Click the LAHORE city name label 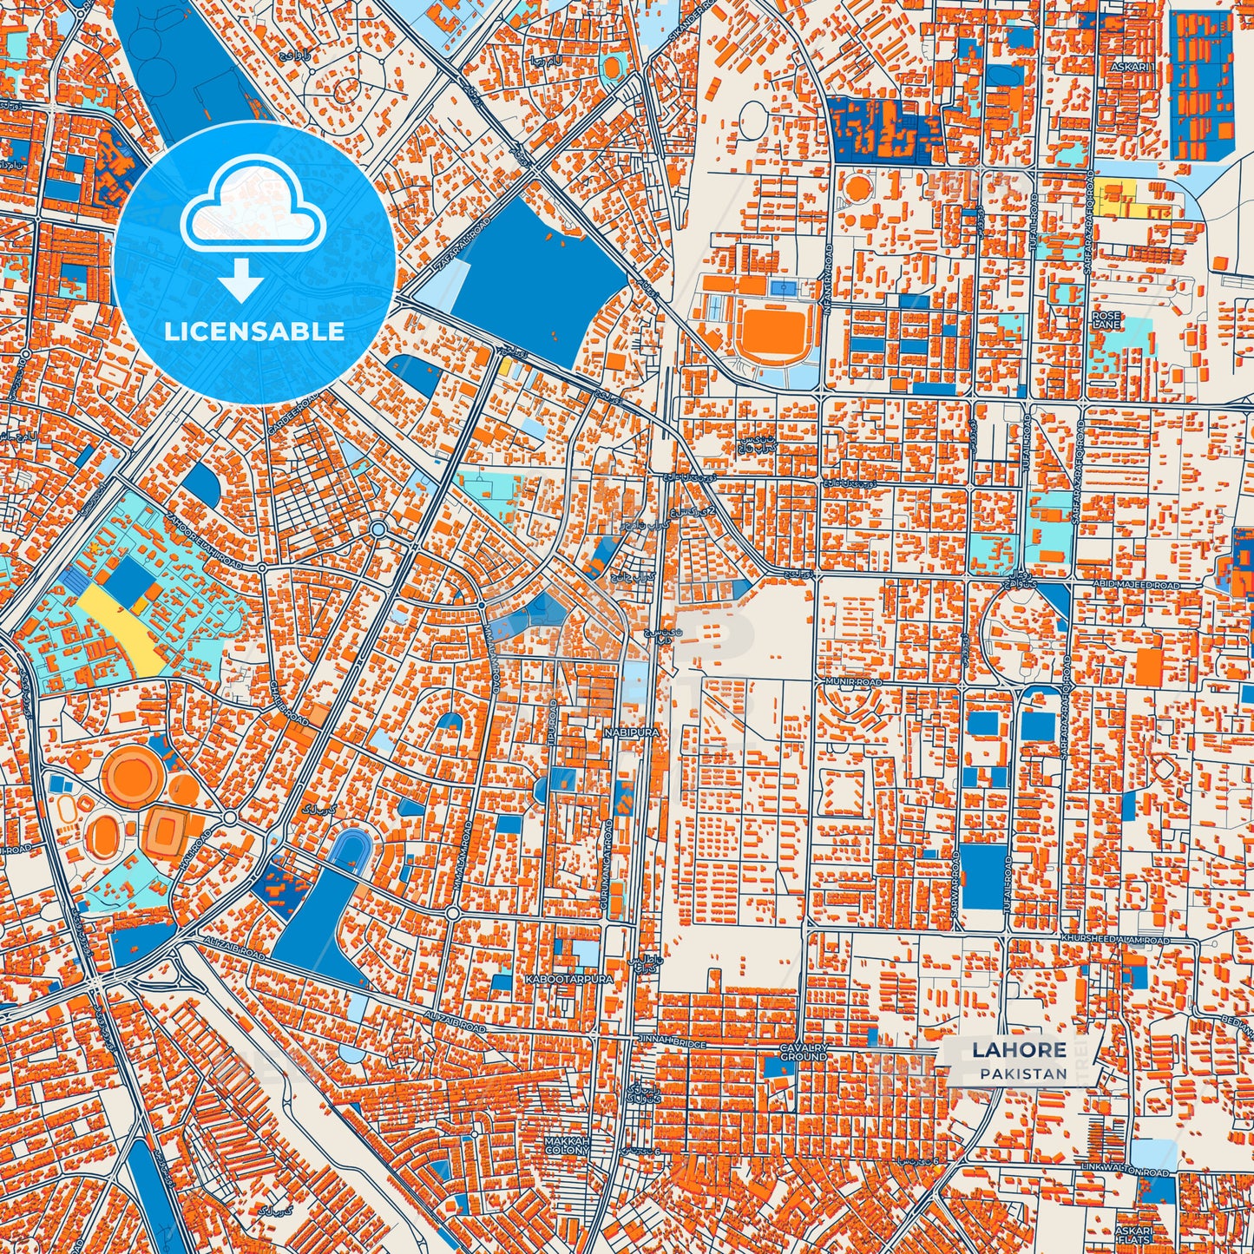pos(1019,1050)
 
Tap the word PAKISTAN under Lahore pos(1024,1073)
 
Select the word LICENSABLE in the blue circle pos(254,332)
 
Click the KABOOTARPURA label pos(569,978)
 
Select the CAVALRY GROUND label pos(804,1053)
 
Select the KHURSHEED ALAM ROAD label pos(1114,940)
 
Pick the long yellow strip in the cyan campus pos(121,627)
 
